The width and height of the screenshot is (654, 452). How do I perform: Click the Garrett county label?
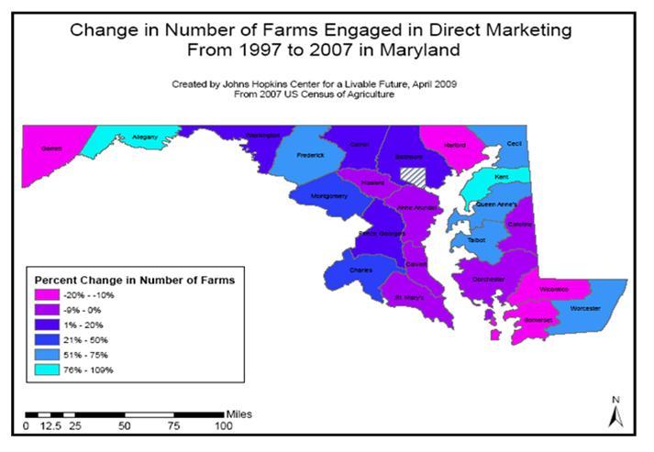pos(50,148)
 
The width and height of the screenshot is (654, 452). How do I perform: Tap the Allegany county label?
pos(145,138)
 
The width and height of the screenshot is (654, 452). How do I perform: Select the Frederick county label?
pos(312,155)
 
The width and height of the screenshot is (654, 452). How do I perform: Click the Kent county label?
pos(502,175)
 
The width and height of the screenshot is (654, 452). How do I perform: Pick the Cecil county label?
pos(514,144)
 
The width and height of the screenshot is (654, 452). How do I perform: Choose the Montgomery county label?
pos(330,196)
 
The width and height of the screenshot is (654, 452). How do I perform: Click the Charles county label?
pos(336,270)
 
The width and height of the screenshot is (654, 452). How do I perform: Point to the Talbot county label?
pos(476,239)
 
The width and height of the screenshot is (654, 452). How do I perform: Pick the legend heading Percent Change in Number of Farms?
pos(134,278)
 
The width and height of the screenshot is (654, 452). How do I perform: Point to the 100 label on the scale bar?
pos(224,426)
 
